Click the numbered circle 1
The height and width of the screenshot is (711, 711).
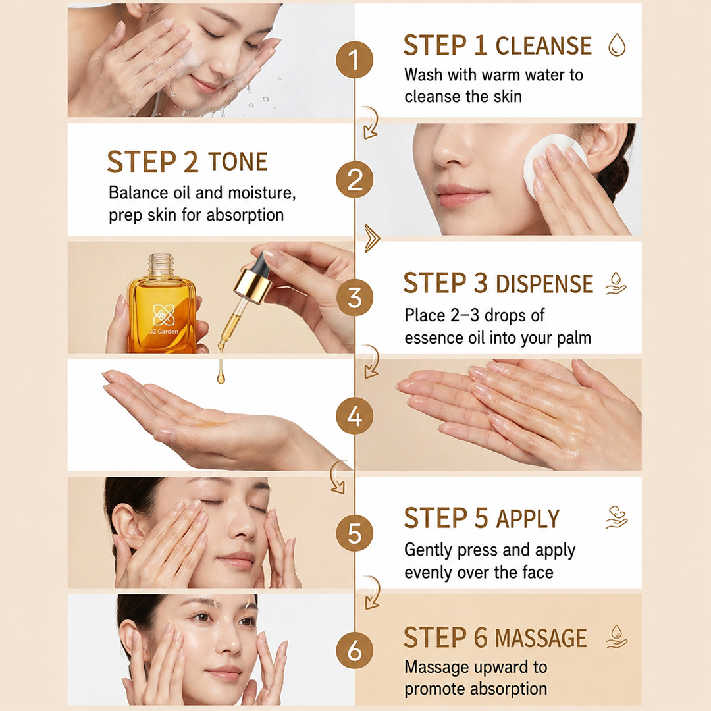point(355,60)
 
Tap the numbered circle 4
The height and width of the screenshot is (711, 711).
point(355,416)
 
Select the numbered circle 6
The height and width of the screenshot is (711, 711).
point(355,650)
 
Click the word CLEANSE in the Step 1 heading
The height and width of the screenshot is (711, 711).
point(543,46)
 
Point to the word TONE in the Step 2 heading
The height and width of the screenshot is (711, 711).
point(238,162)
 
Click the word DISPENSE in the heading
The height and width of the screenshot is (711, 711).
point(544,284)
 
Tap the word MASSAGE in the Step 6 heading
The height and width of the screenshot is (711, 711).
point(540,639)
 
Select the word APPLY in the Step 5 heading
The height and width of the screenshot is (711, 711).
point(528,519)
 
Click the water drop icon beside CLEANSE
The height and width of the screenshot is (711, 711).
point(617,45)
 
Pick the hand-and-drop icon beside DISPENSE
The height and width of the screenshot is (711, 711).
point(616,283)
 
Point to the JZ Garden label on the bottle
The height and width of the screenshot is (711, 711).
point(164,332)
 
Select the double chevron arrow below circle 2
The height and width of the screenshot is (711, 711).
point(372,238)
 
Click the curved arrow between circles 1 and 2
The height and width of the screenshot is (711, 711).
point(371,122)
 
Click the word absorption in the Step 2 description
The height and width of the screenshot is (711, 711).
point(245,215)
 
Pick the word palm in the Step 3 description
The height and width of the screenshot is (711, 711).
point(573,338)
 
